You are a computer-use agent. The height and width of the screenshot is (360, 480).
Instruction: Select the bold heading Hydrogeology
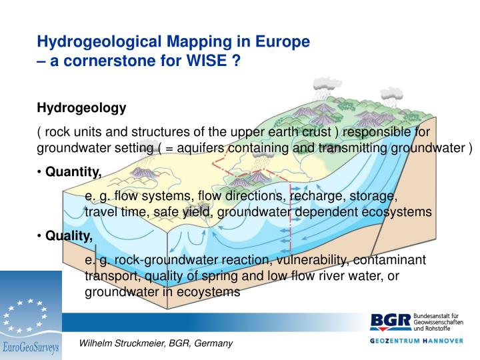(81, 107)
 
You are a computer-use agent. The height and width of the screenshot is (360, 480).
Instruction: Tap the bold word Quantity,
(73, 173)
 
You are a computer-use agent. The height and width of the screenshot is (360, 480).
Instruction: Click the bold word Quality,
(69, 235)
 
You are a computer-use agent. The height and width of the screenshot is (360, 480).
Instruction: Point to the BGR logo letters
(391, 323)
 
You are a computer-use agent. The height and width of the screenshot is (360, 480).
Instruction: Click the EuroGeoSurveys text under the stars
(31, 347)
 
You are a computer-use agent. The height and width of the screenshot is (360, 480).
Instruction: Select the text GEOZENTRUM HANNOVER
(416, 341)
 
